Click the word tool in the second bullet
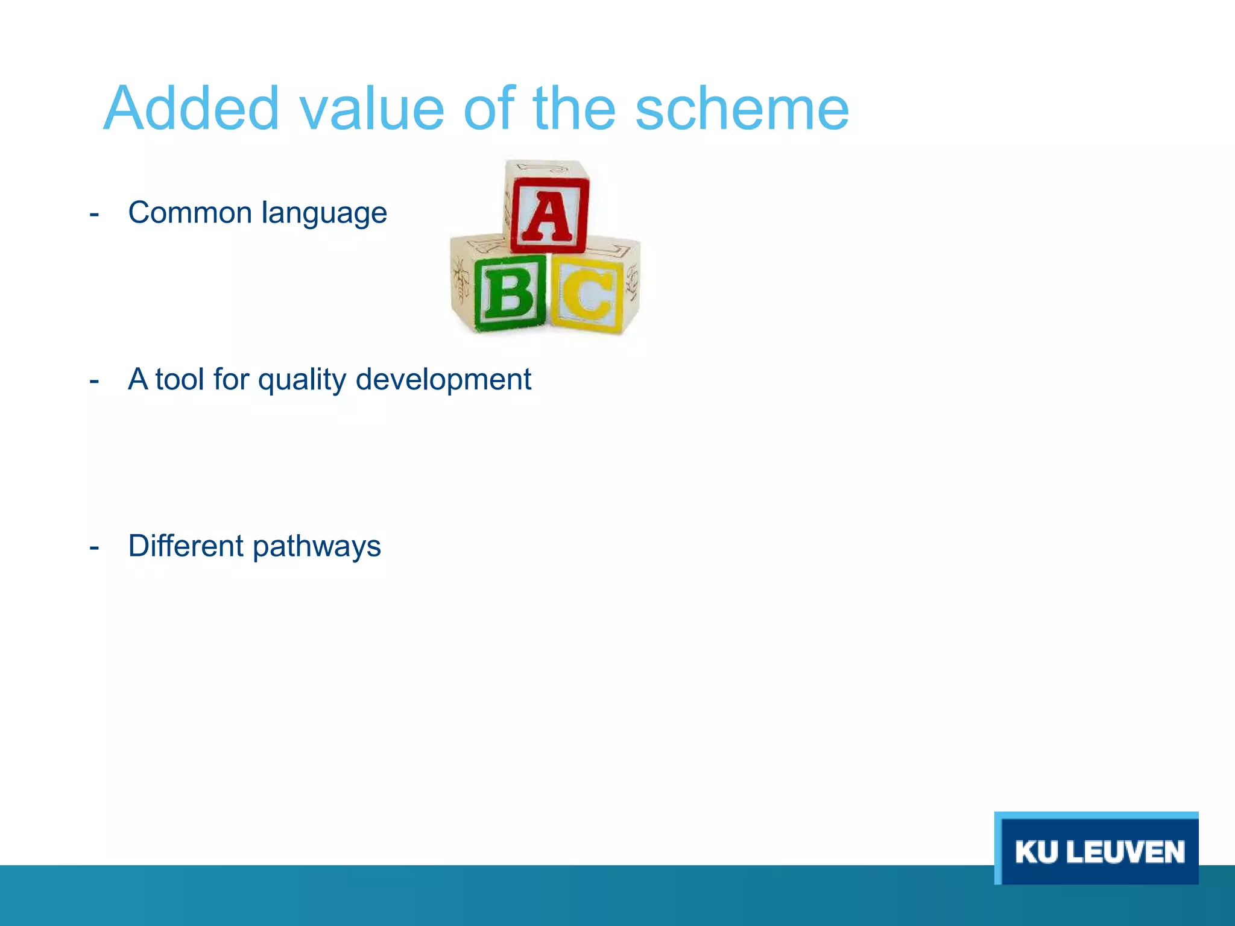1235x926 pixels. coord(180,379)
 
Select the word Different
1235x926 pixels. coord(186,546)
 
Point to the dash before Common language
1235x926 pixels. coord(94,215)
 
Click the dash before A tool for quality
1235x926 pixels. coord(94,381)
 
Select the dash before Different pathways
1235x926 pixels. coord(94,547)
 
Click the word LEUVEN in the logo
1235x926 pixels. coord(1129,852)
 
